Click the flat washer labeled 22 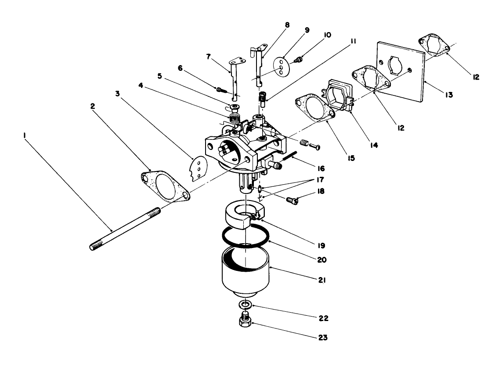click(246, 304)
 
